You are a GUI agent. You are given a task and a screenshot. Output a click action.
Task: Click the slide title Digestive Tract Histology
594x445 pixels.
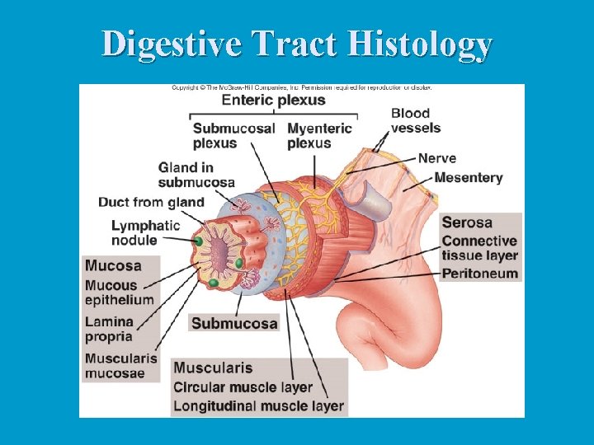(297, 44)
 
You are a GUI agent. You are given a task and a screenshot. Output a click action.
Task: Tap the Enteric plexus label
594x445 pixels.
(273, 101)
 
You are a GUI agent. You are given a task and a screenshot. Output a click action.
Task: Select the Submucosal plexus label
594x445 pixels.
(233, 135)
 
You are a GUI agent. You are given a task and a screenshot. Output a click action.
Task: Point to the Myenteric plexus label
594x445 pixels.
(319, 135)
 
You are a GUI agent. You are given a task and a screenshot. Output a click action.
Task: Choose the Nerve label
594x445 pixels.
(436, 158)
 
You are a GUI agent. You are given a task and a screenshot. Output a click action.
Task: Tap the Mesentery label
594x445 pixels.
(468, 177)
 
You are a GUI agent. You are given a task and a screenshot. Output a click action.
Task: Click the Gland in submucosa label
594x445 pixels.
(196, 175)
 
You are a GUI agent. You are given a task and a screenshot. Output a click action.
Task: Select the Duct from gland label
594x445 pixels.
(151, 202)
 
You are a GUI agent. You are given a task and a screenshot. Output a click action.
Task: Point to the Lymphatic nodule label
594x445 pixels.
(145, 232)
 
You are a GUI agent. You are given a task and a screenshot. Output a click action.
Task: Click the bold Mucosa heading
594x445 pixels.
(113, 266)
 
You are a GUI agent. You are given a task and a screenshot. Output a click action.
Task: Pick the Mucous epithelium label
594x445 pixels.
(119, 293)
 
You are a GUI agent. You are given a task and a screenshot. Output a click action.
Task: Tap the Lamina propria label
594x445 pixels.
(108, 329)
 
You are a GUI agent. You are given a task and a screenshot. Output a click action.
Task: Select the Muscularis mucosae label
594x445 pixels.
(120, 366)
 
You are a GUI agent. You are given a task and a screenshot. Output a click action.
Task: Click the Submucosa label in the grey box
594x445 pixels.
(234, 323)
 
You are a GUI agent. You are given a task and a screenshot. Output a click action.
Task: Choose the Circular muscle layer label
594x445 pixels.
(243, 387)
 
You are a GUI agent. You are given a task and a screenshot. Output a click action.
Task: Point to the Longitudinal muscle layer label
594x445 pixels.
(258, 406)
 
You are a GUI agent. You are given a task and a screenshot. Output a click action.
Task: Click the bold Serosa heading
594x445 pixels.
(467, 222)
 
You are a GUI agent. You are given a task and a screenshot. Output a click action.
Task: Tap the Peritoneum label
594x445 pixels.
(479, 274)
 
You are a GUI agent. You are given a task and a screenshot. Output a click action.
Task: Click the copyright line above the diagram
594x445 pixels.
(301, 87)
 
